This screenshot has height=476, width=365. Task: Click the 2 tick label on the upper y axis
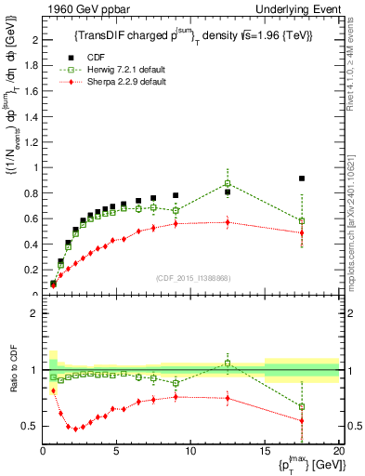34,41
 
